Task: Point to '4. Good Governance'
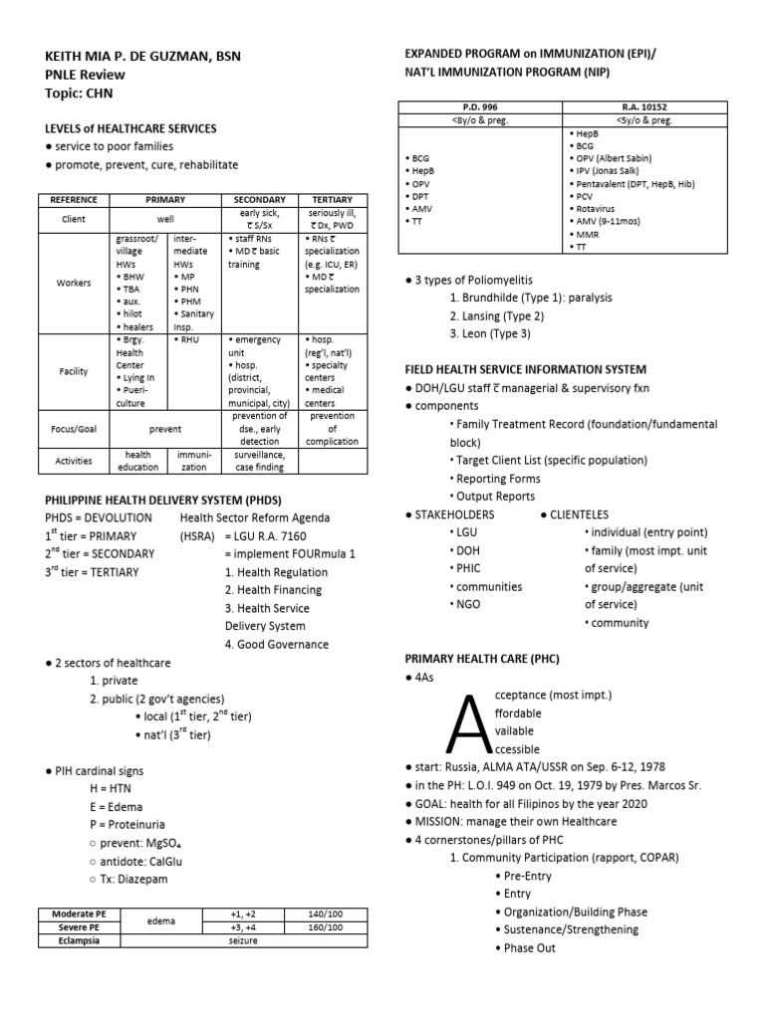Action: [x=276, y=644]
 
